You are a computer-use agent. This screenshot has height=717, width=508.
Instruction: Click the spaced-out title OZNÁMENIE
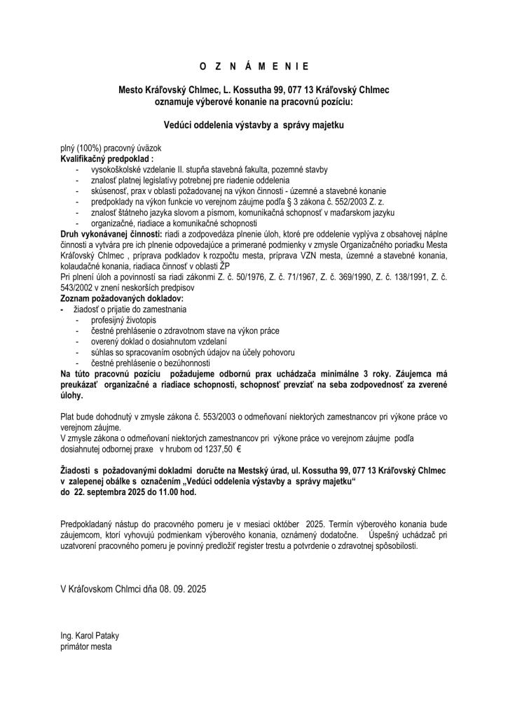tap(254, 67)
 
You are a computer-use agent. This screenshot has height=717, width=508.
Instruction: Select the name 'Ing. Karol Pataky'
tap(90, 636)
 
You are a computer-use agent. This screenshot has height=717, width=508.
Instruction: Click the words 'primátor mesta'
tap(86, 646)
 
